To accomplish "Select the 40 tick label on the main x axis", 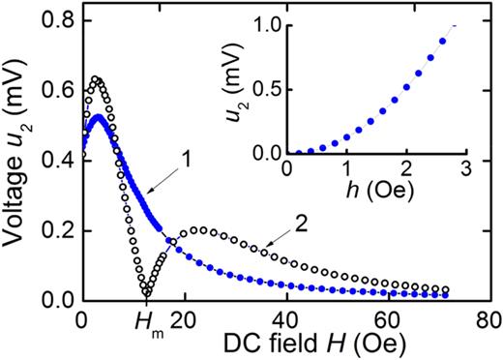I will [286, 320].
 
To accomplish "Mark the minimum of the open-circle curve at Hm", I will [145, 293].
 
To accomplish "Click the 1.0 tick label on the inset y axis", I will [264, 26].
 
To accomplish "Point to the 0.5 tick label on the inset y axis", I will [264, 90].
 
